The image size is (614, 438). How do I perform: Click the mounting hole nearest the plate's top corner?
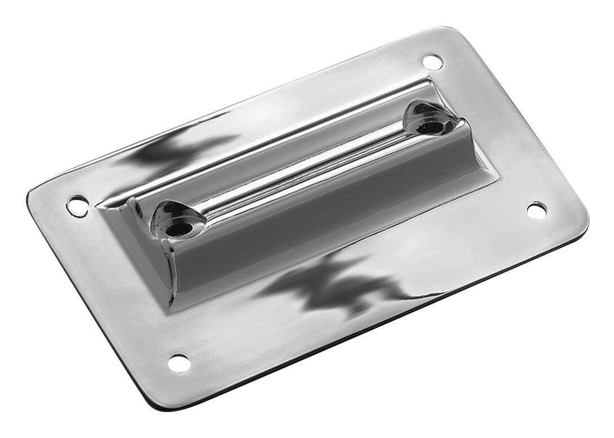(x=431, y=60)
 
